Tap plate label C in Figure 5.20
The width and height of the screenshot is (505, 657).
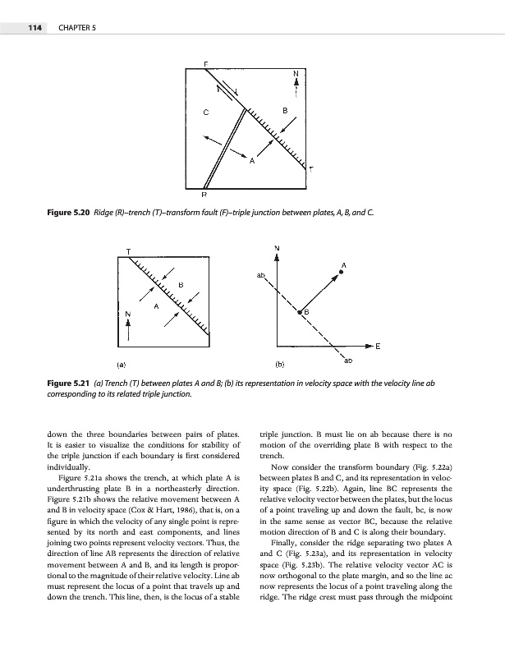[x=206, y=112]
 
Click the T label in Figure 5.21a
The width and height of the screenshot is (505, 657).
[x=129, y=250]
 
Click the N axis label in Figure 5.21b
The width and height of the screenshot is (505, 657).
[x=278, y=247]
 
